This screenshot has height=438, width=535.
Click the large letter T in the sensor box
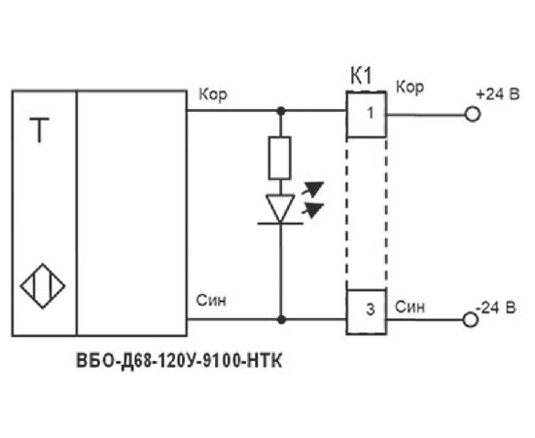point(39,129)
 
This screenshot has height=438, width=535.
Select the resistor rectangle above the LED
point(280,158)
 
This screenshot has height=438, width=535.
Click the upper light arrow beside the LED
point(312,189)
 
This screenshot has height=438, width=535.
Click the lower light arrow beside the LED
point(312,209)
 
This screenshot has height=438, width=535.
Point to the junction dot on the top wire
point(281,111)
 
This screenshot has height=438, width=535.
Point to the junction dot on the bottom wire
point(281,320)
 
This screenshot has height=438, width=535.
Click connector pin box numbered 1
point(367,114)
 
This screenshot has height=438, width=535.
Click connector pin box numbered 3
point(367,311)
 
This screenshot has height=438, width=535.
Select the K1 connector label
point(361,76)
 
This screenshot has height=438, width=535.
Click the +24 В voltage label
point(498,93)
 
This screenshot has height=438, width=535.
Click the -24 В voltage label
point(496,308)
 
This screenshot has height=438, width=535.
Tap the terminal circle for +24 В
point(473,114)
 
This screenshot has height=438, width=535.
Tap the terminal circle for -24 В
point(471,320)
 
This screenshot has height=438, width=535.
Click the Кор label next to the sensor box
point(213,94)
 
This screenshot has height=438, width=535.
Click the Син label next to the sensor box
point(211,301)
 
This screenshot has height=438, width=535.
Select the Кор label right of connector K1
point(410,87)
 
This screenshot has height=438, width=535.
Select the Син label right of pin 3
point(410,307)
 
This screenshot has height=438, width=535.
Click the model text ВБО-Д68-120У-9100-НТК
point(179,361)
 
